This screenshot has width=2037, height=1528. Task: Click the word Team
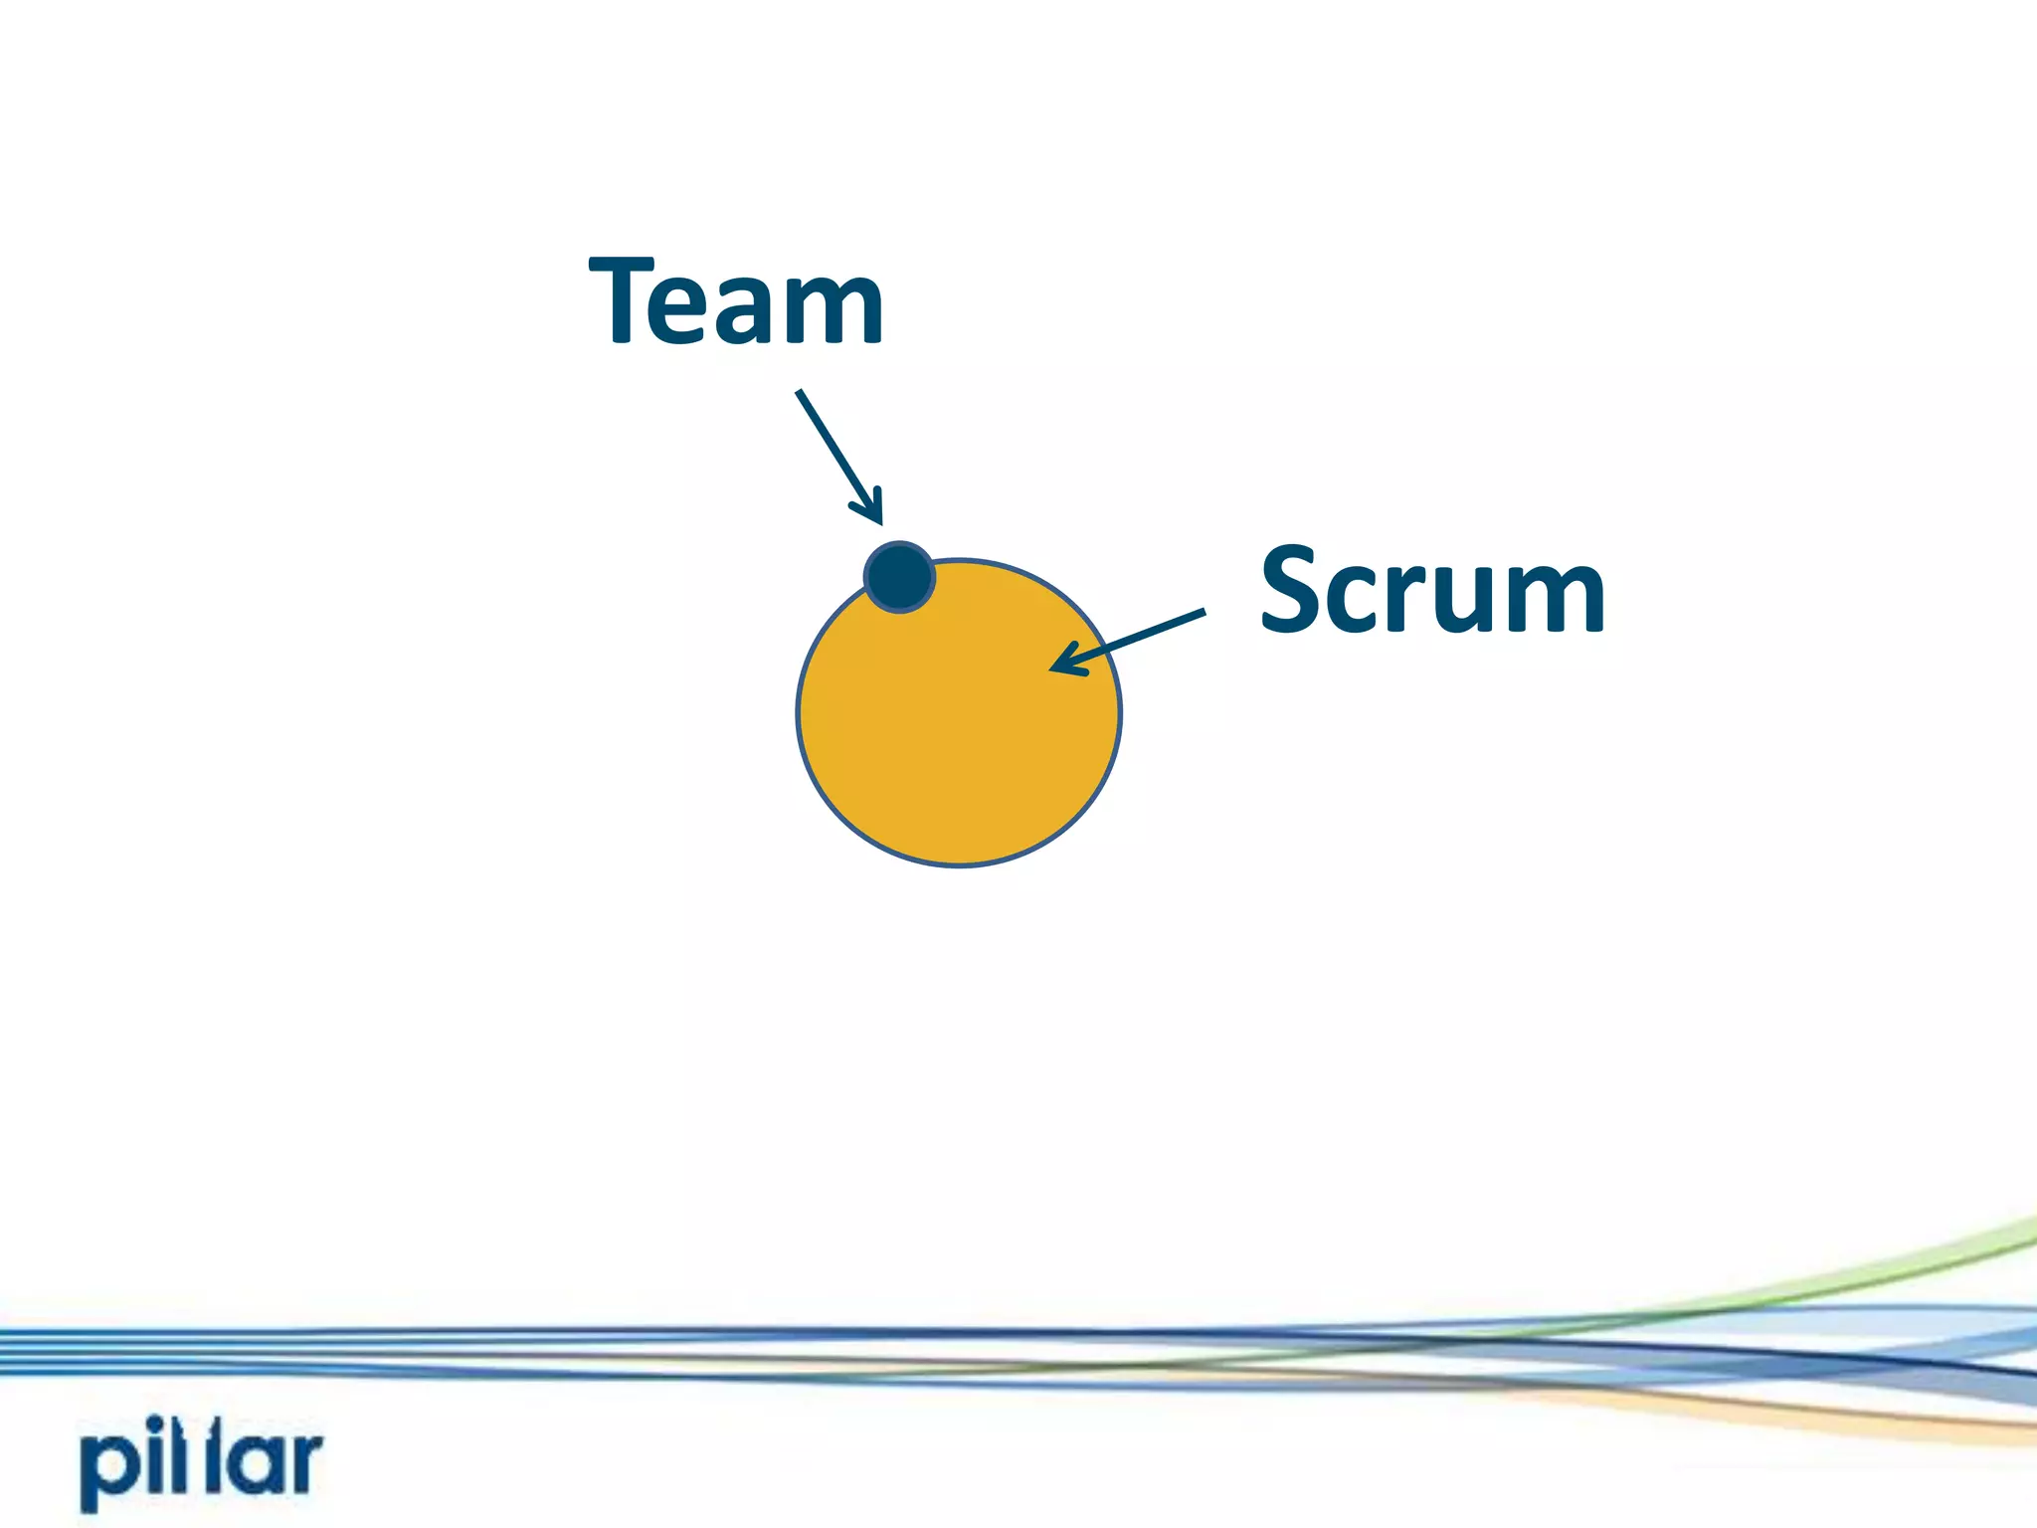tap(736, 300)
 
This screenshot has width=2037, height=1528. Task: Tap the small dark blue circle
tap(899, 576)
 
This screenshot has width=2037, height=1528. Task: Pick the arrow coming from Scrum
tap(1129, 642)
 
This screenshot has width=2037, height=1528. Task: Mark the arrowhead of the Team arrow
tap(874, 513)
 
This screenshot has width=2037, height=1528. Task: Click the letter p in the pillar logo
tap(107, 1470)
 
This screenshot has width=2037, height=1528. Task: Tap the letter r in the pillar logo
tap(302, 1462)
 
